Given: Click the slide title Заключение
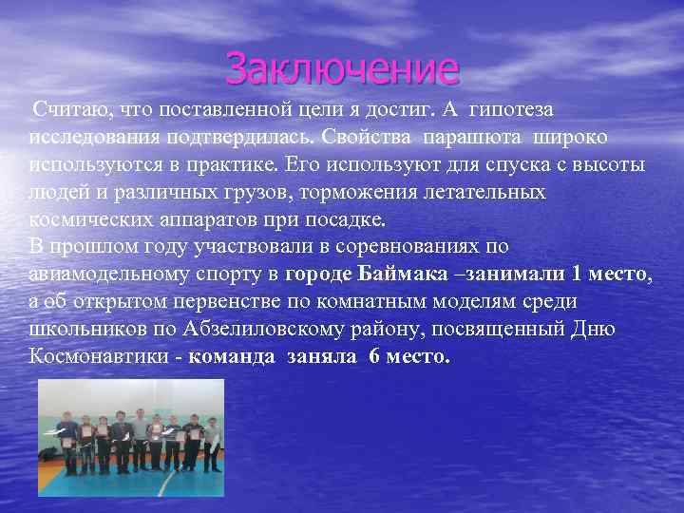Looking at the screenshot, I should click(342, 68).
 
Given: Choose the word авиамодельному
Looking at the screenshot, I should click(110, 275).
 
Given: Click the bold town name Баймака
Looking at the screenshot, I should click(394, 275).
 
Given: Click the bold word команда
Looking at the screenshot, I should click(232, 357).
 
